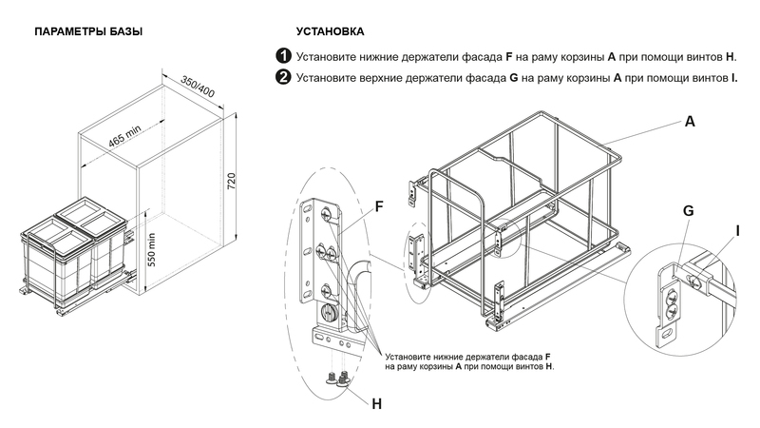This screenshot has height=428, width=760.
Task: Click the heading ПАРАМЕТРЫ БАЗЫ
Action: coord(88,32)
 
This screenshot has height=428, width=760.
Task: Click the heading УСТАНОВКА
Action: coord(330,32)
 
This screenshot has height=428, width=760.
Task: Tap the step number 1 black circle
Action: coord(283,56)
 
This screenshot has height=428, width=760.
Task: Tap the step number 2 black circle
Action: coord(283,77)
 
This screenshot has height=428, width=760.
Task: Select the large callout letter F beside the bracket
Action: coord(378,205)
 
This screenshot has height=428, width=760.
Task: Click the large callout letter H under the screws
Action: coord(376,403)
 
